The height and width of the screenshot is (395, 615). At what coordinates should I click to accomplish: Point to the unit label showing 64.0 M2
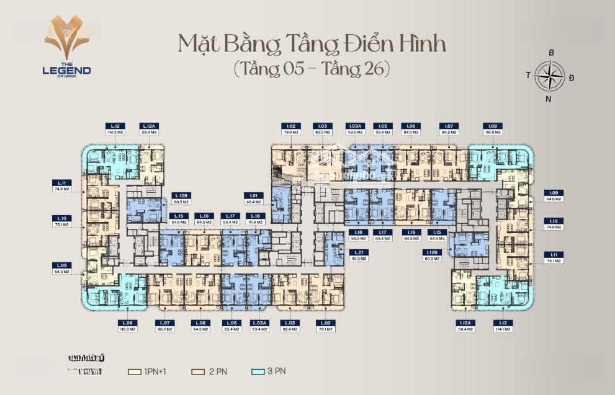click(554, 196)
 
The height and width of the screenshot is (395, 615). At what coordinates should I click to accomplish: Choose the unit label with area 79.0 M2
click(292, 129)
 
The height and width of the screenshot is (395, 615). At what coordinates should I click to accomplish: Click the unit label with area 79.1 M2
click(325, 326)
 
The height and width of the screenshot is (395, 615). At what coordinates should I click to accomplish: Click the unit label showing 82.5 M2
click(321, 129)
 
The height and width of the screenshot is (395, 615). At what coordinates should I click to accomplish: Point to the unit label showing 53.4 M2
click(259, 326)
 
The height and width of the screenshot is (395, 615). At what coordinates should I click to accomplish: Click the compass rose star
click(550, 75)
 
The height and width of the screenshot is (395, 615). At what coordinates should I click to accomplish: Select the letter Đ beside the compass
click(572, 77)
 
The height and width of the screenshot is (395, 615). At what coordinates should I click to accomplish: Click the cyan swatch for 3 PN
click(258, 372)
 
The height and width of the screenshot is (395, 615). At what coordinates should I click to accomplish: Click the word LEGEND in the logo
click(66, 70)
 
